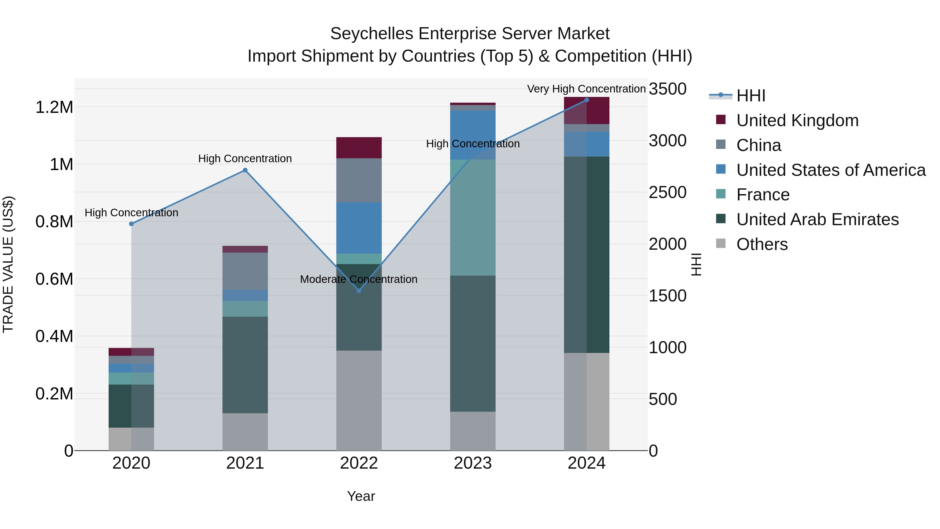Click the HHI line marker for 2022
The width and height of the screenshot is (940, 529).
coord(359,290)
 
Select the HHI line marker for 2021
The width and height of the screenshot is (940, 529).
coord(245,170)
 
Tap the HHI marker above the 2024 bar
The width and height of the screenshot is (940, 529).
coord(586,100)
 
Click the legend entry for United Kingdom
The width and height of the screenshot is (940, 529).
coord(797,120)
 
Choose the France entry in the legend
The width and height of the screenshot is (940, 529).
coord(763,195)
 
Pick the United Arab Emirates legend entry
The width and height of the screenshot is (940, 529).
coord(817,219)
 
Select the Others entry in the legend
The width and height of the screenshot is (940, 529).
coord(762,244)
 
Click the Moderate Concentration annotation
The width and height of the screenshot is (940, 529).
coord(359,279)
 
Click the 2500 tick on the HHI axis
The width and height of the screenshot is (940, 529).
coord(667,192)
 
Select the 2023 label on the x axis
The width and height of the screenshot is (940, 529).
coord(473,463)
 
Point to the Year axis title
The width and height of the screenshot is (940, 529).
coord(361,496)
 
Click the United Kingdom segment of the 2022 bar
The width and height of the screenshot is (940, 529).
coord(359,148)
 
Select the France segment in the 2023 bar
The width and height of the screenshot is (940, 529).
coord(473,217)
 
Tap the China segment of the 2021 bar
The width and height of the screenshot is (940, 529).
coord(245,271)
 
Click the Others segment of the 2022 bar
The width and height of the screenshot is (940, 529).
coord(359,400)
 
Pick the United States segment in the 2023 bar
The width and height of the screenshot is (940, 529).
coord(473,135)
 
